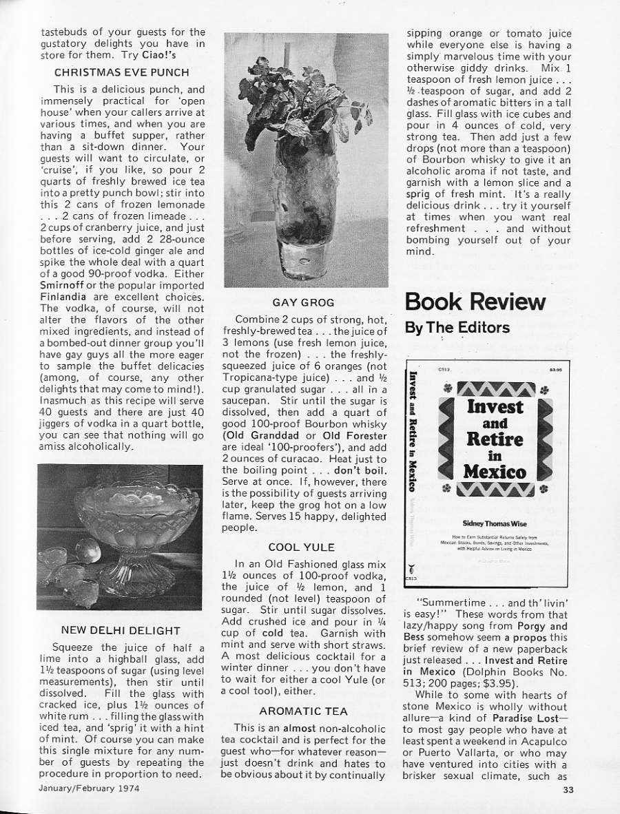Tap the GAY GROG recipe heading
pos(303,302)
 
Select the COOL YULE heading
pos(302,547)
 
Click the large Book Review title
pos(475,302)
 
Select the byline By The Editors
pos(457,328)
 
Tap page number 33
pos(566,790)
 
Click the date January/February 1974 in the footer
pos(90,789)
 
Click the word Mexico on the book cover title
pos(495,472)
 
